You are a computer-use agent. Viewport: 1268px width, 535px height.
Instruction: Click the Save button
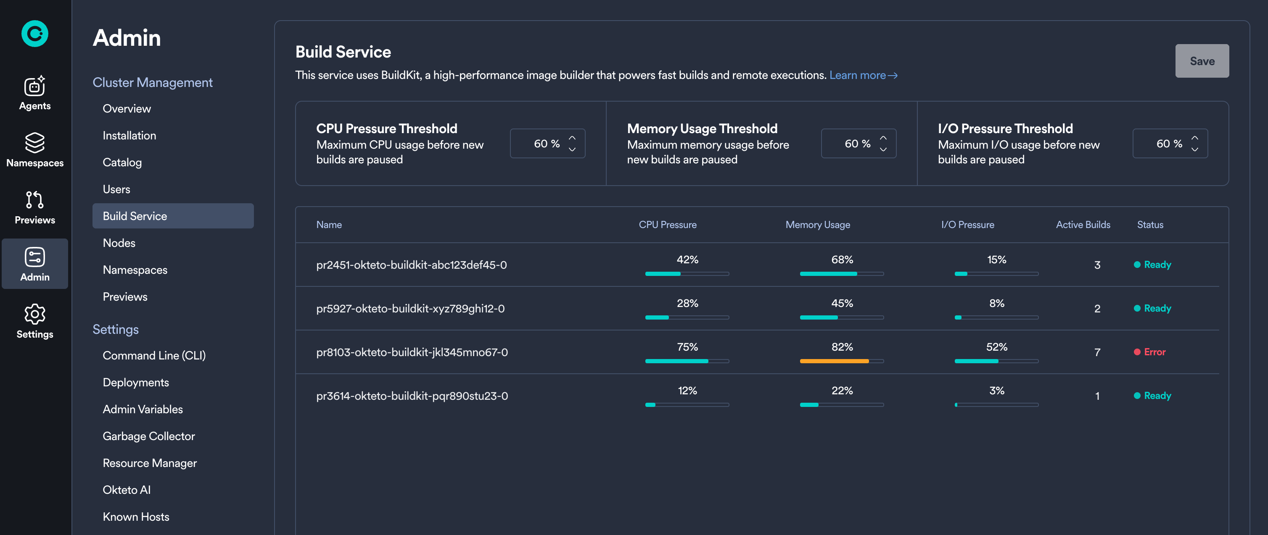[x=1202, y=61]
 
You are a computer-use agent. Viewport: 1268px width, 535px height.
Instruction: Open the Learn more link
[x=863, y=75]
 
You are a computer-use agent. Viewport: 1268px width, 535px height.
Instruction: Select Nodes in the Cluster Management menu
[x=119, y=243]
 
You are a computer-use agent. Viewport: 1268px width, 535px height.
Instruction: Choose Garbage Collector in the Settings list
[x=149, y=436]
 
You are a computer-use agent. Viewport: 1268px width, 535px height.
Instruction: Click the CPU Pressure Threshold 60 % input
[x=541, y=144]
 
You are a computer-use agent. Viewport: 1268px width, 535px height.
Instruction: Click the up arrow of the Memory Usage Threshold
[x=883, y=138]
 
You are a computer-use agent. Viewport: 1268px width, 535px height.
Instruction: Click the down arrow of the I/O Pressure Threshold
[x=1195, y=149]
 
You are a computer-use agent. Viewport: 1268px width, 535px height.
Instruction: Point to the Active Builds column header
[x=1083, y=225]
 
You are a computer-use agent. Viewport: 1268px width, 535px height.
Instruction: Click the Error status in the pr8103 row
[x=1154, y=352]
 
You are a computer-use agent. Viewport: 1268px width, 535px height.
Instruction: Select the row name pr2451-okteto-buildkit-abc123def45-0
[x=412, y=265]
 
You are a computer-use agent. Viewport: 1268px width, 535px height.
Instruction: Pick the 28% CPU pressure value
[x=687, y=303]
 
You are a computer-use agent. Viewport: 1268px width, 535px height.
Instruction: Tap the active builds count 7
[x=1097, y=353]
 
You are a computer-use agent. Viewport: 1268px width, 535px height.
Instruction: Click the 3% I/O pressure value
[x=996, y=391]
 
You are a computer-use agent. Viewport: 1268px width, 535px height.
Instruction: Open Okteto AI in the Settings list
[x=127, y=490]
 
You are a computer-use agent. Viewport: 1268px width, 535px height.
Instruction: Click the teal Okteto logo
[x=34, y=34]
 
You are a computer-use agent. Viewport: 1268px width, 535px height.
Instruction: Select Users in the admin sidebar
[x=116, y=189]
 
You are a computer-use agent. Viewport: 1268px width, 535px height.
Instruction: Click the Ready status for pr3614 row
[x=1157, y=396]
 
